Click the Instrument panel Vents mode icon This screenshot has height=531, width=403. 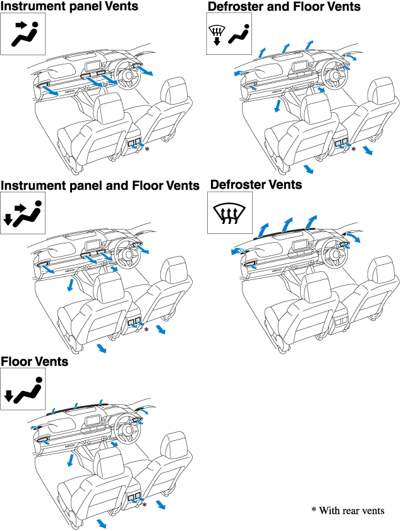click(x=27, y=35)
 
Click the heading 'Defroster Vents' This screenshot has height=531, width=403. click(x=256, y=185)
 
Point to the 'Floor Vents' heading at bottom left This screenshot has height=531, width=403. click(x=35, y=362)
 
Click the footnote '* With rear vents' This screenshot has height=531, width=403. click(x=347, y=510)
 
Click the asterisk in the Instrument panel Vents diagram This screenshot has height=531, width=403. click(x=147, y=149)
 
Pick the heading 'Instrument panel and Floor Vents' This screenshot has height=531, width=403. click(x=100, y=185)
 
